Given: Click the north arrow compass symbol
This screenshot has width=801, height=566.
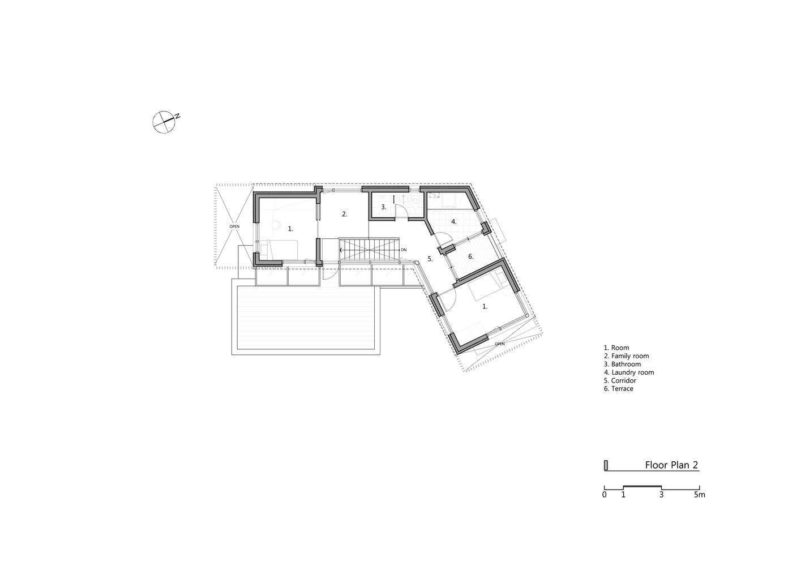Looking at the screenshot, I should coord(164,121).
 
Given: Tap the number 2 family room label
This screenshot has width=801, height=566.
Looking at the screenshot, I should coord(344,214).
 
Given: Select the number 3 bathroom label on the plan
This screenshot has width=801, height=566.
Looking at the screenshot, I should coord(383,207).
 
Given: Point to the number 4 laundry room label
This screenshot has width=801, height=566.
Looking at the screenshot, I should coord(453,222).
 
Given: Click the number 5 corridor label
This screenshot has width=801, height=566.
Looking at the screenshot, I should coord(430,259).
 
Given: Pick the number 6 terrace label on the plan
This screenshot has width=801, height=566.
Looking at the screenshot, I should coord(470,256).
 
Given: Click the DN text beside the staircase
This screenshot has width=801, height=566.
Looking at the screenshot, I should coord(404,250).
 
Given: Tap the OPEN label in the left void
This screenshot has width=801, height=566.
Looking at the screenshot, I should coord(234,226).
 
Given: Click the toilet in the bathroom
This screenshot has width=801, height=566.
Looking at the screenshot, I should coord(416,203).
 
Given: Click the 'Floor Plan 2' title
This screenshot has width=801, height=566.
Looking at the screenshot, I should coord(671,465).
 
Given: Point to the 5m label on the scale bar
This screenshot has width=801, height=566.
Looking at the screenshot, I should coord(700,495).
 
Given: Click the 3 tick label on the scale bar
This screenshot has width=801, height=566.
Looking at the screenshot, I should coord(661,495).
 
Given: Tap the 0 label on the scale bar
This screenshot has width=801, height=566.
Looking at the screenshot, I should coord(605,495).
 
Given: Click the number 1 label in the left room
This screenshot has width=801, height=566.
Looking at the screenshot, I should coord(290,229).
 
